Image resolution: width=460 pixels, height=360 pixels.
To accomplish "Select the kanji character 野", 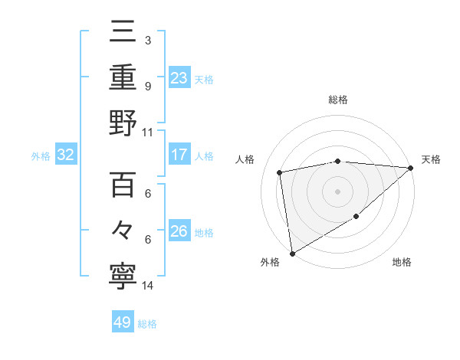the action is [123, 123].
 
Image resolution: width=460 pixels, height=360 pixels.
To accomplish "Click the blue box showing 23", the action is [179, 78].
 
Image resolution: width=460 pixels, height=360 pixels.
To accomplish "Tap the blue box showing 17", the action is [179, 155].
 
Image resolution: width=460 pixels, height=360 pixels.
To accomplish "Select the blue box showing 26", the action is [179, 231].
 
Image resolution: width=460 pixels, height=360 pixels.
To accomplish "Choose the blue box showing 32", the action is [66, 155].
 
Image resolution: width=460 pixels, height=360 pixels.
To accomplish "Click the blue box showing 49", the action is [123, 322].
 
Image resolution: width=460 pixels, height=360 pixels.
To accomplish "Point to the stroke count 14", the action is [148, 286].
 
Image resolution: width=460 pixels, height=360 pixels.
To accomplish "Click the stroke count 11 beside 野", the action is [148, 132].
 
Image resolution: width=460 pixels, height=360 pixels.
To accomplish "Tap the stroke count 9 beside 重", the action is [148, 87].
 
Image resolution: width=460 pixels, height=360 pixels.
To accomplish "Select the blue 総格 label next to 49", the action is [147, 324].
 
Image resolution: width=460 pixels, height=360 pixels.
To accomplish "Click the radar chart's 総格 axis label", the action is [338, 100].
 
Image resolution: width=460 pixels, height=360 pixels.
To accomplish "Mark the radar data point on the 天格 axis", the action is [411, 168].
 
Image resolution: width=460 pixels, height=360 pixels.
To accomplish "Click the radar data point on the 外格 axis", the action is [292, 253].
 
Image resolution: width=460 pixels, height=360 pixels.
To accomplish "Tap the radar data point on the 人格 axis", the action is [281, 172].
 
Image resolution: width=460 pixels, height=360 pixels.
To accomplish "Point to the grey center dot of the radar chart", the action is [337, 191].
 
